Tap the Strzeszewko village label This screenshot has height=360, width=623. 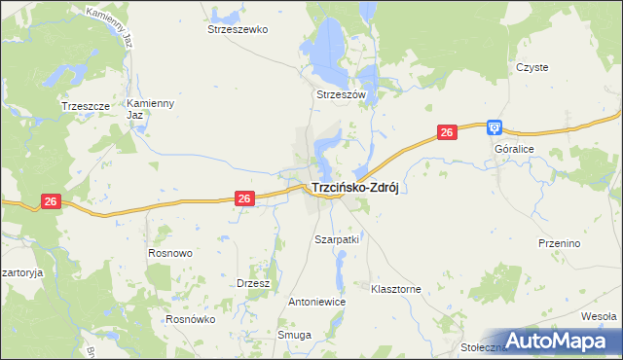click(238, 30)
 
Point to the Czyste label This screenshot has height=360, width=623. click(532, 67)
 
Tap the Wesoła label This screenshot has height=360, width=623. click(598, 316)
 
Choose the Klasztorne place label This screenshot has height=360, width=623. click(396, 289)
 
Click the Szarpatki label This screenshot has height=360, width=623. click(338, 238)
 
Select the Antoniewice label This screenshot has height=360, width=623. click(317, 302)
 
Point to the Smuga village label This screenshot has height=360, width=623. click(294, 335)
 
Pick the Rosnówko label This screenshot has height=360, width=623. click(190, 318)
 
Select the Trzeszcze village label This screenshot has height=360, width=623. click(83, 106)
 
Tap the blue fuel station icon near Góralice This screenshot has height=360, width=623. click(495, 126)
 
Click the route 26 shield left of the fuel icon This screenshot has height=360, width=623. click(447, 133)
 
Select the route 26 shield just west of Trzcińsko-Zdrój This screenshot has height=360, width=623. click(245, 198)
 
